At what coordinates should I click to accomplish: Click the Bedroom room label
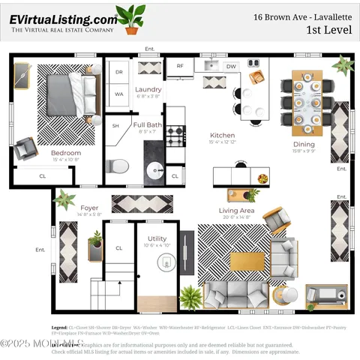coord(66,152)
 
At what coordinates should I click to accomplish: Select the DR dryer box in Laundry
coord(118,72)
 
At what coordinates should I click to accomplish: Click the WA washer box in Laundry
coord(118,94)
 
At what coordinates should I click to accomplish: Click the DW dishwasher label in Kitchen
coord(231,67)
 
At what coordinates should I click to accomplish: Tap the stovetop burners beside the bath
coord(175,135)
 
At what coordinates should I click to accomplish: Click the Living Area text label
coord(236,211)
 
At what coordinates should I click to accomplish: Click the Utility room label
coord(157,239)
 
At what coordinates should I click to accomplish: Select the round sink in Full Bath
coord(155,169)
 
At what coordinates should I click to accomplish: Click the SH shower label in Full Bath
coord(115,127)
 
